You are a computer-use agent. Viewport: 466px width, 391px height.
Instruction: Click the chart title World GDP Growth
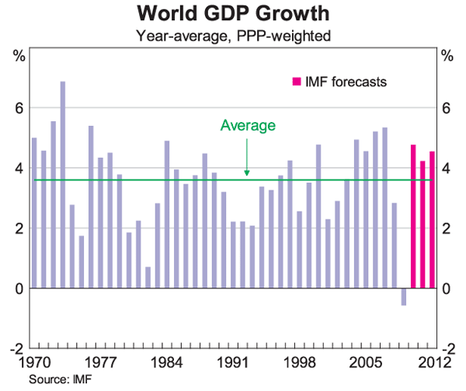coord(232,13)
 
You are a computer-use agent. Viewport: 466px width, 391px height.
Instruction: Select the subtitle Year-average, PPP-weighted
coord(232,35)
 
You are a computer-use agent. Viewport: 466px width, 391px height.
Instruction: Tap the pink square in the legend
coord(294,81)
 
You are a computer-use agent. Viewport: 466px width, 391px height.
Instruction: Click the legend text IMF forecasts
coord(345,81)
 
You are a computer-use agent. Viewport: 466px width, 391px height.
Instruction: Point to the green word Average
coord(248,124)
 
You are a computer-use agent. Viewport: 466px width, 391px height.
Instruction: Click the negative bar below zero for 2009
coord(404,297)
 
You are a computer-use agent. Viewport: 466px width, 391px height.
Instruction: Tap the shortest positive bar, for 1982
coord(148,278)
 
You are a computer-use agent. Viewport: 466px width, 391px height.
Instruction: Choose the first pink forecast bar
coord(413,217)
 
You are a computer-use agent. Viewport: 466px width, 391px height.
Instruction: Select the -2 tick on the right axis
coord(447,349)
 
